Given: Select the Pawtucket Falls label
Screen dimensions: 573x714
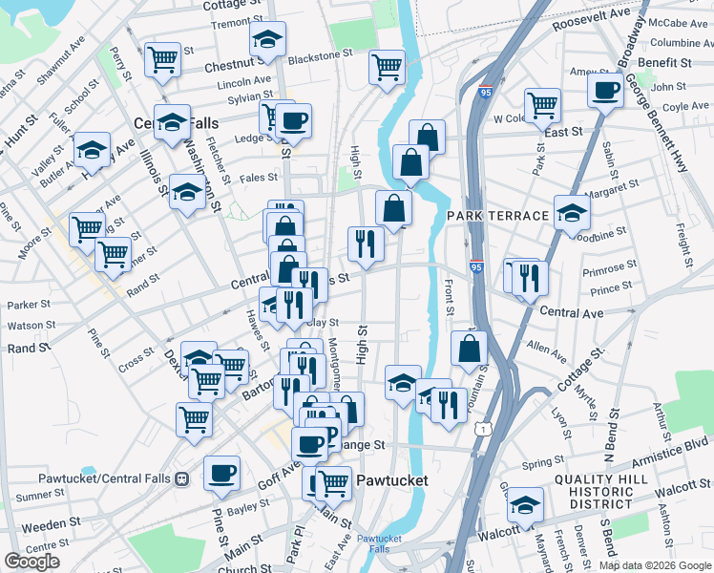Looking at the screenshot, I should coord(380,544).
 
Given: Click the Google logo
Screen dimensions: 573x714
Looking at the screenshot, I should coord(31,562).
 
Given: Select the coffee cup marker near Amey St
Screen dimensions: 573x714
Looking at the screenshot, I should coord(605,91).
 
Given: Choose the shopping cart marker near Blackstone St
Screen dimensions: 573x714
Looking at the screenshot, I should coord(387,66).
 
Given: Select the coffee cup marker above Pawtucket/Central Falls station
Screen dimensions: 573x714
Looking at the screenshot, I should coord(221,472).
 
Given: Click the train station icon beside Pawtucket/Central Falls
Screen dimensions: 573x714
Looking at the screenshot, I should coord(179,477).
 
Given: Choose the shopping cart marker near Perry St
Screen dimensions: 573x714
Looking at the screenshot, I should coord(162,59).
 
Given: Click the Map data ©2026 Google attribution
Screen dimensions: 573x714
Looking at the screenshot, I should coord(656,565).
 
